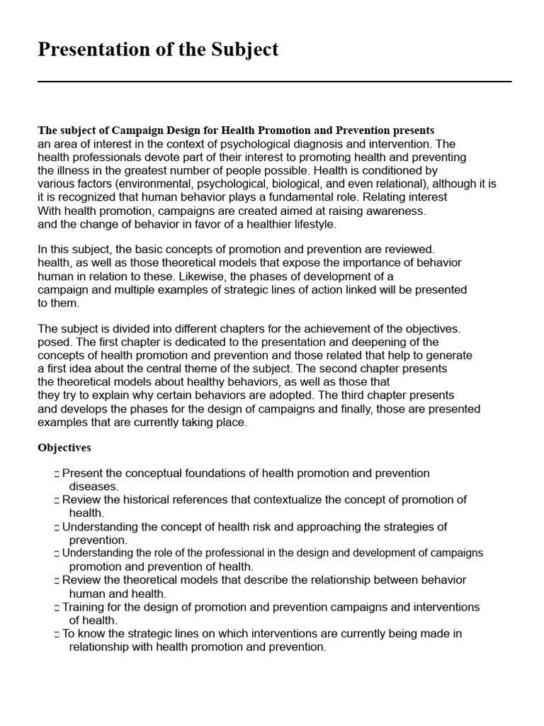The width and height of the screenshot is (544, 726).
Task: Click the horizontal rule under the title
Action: (274, 82)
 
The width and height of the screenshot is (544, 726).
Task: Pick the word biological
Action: (323, 184)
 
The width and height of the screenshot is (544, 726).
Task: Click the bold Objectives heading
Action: (64, 448)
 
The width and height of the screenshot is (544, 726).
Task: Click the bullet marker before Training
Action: (56, 608)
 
